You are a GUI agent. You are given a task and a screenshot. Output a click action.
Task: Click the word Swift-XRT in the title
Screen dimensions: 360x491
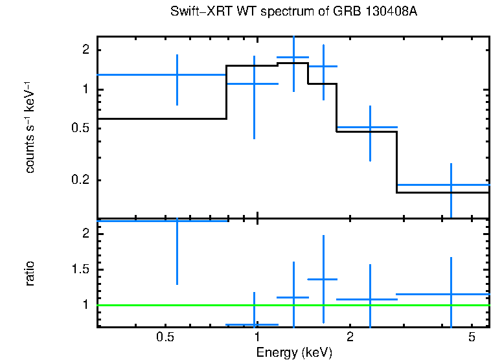(194, 12)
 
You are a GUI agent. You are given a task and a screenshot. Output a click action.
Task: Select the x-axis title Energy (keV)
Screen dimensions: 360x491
(294, 352)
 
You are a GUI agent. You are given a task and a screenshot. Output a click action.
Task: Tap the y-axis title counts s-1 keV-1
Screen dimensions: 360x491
(30, 129)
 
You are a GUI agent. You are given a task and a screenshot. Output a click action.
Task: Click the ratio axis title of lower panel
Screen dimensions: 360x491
(30, 273)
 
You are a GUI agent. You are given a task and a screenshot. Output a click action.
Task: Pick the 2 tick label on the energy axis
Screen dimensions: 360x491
(349, 337)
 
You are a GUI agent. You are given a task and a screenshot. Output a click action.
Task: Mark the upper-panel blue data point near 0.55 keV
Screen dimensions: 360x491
(177, 75)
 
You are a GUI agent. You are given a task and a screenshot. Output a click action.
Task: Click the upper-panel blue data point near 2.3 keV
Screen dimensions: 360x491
(369, 128)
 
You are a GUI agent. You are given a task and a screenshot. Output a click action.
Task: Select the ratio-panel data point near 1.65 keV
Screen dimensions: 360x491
(323, 279)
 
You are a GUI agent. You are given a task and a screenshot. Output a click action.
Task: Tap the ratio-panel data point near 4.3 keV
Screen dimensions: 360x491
(451, 294)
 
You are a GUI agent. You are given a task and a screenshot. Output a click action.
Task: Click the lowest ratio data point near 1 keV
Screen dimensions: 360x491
(254, 324)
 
